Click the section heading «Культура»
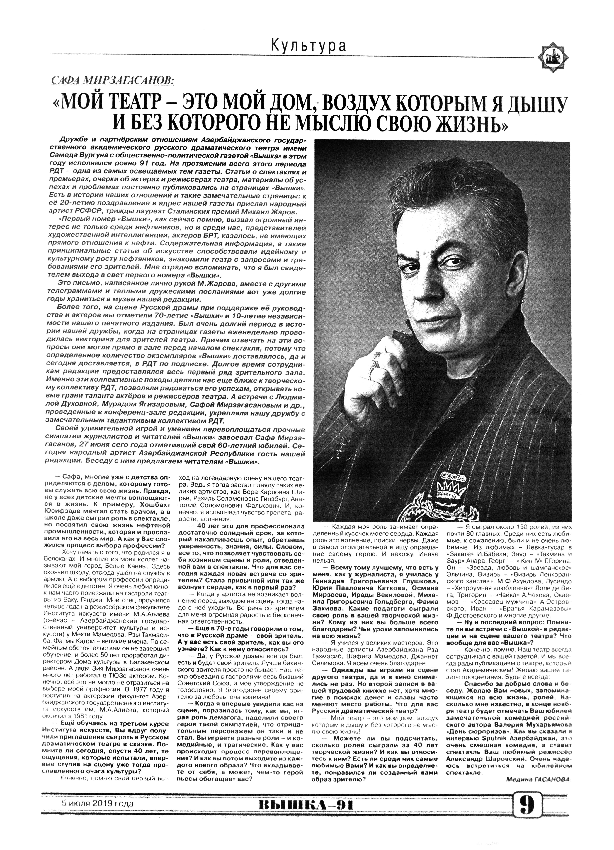pyautogui.click(x=308, y=46)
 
